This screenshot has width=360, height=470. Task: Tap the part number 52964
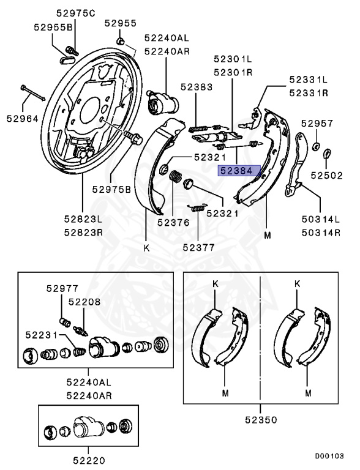point(23,119)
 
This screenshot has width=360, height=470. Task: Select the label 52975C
point(75,13)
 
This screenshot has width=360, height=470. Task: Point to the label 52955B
point(53,28)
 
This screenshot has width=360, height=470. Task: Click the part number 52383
point(197,87)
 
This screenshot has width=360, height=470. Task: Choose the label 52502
point(326,176)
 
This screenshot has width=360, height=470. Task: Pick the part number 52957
point(317,123)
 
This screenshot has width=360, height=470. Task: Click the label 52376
point(173,222)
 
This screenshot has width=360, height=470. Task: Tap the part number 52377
point(198,247)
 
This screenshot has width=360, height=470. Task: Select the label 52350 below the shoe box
point(261,420)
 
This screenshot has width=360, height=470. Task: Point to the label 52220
point(89,460)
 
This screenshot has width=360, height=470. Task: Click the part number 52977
point(62,288)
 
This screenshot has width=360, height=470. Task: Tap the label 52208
point(84,302)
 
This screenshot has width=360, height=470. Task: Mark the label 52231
point(42,335)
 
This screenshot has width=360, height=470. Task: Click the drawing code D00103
point(329,456)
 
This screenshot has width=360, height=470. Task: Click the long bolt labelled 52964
point(33,93)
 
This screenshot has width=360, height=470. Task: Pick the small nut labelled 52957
point(315,147)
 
